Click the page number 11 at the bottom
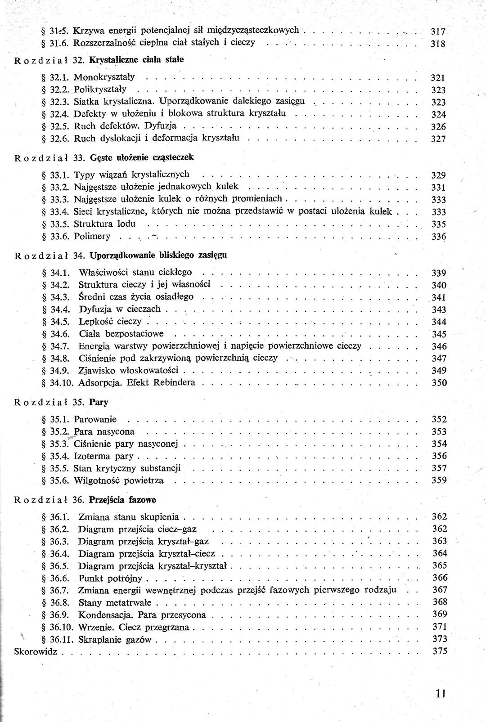coord(440,693)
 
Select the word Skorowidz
coord(36,651)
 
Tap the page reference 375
coord(440,651)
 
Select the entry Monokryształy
coord(104,77)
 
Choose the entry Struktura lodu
coord(104,224)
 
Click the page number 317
coord(438,31)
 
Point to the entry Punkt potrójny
coord(110,578)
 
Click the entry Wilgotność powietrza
coord(118,480)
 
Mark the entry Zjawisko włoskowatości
coord(128,371)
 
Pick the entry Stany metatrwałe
coord(115,602)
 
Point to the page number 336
coord(438,237)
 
